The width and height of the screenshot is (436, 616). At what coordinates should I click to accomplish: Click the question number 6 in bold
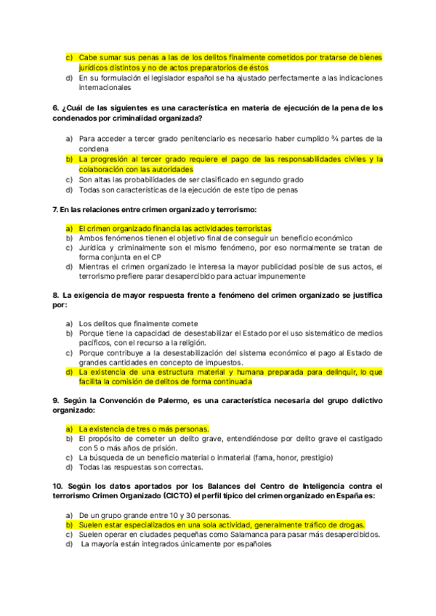click(55, 108)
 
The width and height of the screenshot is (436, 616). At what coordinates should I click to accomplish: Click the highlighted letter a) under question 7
click(69, 227)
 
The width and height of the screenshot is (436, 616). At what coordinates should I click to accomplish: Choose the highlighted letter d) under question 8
click(69, 371)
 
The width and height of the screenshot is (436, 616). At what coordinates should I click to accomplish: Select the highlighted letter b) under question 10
click(69, 524)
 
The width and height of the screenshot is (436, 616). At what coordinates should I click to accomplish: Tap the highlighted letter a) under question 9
click(69, 429)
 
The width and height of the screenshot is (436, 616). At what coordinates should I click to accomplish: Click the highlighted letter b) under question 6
click(69, 158)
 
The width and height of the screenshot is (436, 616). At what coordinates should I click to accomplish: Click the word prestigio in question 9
click(312, 458)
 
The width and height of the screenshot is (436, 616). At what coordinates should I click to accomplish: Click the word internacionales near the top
click(106, 88)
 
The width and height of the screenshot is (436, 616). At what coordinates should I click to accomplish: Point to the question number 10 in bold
click(57, 485)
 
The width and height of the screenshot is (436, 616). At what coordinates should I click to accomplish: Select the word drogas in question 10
click(348, 524)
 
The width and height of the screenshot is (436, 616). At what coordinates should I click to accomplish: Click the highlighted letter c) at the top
click(69, 57)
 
